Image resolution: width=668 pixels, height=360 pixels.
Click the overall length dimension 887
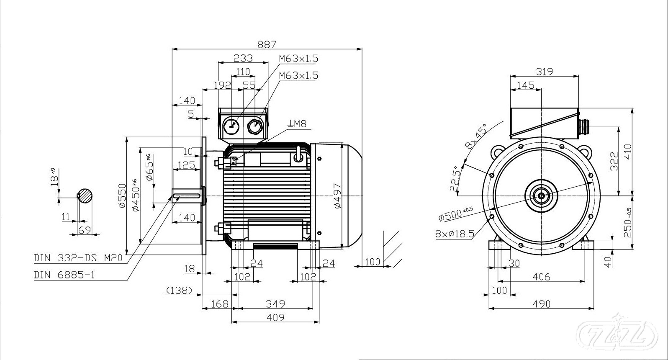coord(267,44)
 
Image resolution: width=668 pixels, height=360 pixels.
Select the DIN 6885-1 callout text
coord(64,275)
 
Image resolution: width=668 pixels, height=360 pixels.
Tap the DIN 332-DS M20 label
coord(78,258)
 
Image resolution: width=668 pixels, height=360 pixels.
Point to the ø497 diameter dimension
coord(337,195)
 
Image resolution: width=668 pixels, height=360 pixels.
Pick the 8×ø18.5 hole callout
coord(455,233)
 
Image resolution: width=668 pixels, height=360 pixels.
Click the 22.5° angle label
coord(456,180)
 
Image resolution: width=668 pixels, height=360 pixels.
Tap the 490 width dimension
coord(542,303)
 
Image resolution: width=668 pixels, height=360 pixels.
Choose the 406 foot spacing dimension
coord(542,277)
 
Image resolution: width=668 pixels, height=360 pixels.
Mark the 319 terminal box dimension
coord(544,72)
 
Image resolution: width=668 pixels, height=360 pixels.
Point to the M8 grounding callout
coord(298,124)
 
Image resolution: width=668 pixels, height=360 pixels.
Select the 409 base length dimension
coord(275,317)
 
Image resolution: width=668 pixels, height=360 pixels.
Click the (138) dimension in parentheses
coord(179,290)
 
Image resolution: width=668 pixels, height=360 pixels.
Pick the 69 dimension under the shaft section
coord(85,229)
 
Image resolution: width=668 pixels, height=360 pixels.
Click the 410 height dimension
coord(627,152)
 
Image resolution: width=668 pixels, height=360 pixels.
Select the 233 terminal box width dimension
coord(243,58)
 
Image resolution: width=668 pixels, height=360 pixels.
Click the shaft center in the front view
coord(542,195)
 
